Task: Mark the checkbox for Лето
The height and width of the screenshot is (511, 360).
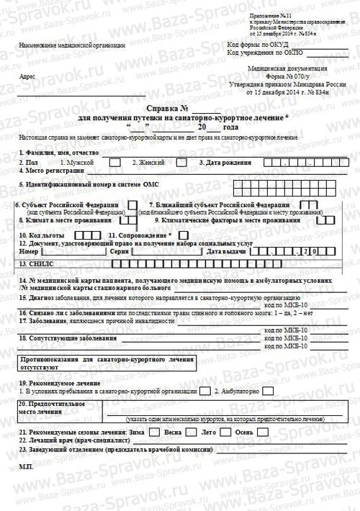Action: coord(225,432)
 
